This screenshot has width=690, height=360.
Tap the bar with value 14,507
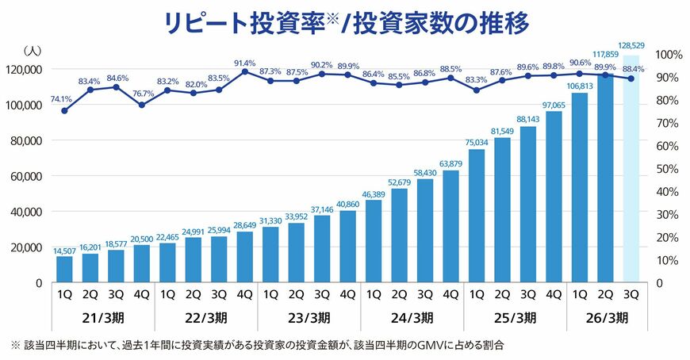pos(64,269)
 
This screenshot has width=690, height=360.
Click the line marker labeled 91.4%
pos(245,72)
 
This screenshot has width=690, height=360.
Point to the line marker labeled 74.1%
pos(64,110)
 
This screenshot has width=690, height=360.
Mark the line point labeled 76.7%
pos(142,105)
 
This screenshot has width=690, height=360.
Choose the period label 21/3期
pos(103,319)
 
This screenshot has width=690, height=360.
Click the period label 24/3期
pos(412,319)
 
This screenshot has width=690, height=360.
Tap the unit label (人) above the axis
pos(33,50)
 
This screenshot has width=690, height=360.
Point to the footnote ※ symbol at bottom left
pos(14,346)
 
